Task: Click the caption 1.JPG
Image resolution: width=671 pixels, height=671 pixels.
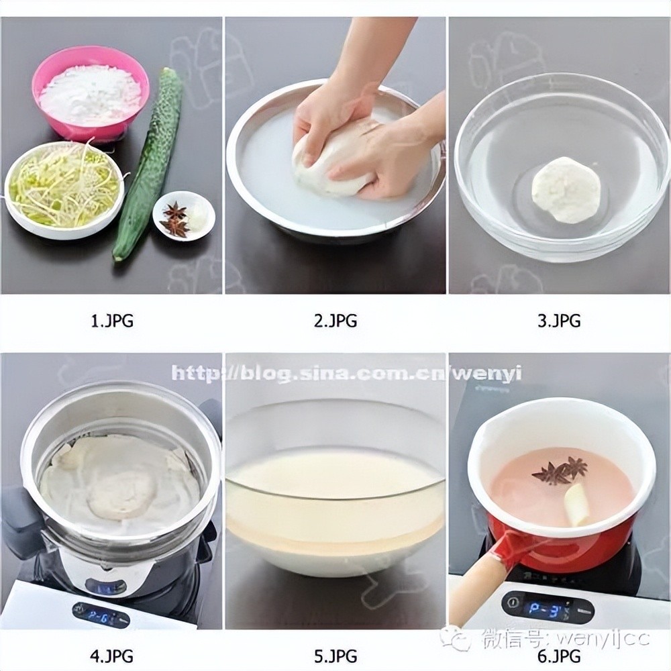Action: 112,320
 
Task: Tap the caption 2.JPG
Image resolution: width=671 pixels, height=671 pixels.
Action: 335,320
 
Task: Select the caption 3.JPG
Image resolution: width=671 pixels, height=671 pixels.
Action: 559,320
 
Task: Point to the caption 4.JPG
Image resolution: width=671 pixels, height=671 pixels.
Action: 112,655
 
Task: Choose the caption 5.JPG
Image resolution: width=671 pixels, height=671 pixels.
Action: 335,655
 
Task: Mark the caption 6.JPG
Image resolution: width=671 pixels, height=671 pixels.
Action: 559,655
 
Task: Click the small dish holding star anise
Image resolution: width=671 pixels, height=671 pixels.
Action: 184,215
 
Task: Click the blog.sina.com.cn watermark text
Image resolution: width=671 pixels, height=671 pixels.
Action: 347,373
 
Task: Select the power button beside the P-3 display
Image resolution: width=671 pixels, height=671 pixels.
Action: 511,603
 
